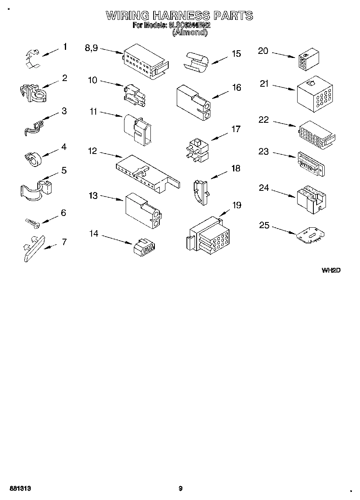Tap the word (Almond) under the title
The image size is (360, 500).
click(190, 33)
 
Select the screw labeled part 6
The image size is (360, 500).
click(32, 222)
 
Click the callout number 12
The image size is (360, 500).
click(92, 151)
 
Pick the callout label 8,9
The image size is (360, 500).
click(91, 48)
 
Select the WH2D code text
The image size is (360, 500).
click(330, 270)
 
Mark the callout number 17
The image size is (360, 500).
click(236, 130)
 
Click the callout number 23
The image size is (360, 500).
click(264, 151)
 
